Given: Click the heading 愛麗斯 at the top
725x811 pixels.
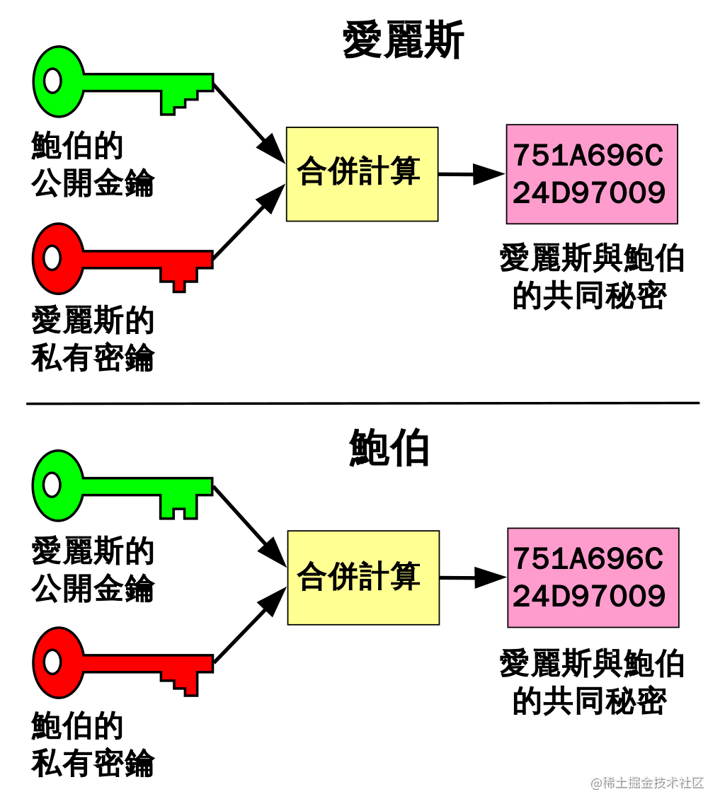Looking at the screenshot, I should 403,40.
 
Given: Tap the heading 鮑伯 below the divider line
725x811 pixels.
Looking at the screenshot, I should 389,448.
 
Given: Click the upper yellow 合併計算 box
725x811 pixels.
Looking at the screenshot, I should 362,174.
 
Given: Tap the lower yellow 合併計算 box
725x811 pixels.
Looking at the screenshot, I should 363,577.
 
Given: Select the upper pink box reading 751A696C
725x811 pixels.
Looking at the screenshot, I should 592,174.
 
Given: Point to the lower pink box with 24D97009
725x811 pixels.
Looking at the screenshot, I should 593,577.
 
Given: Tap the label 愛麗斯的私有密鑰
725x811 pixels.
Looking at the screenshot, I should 93,340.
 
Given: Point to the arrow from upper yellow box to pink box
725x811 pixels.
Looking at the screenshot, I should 471,174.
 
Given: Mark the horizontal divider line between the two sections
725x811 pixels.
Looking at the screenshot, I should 362,403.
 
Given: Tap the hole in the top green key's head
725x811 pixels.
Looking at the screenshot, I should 52,81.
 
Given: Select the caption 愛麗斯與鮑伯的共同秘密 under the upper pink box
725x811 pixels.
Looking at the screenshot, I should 592,277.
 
